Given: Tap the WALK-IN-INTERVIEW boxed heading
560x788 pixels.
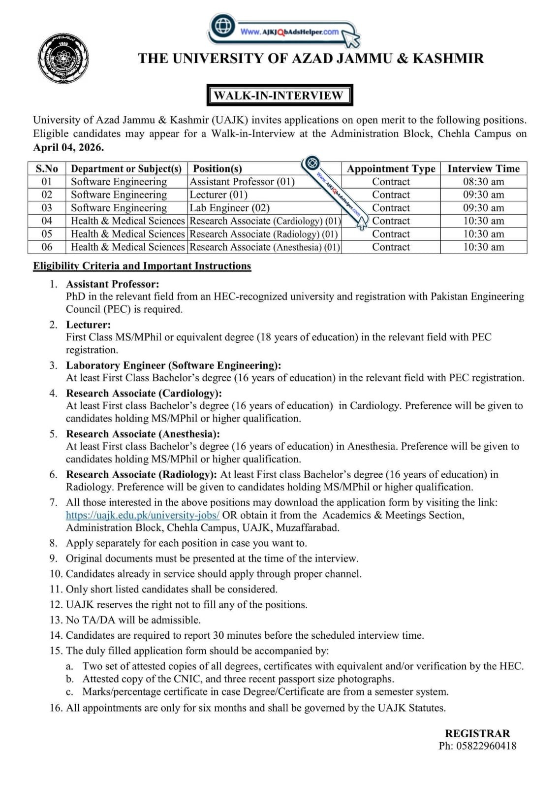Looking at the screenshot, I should tap(279, 95).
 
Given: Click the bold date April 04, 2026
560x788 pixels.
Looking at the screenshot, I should tap(68, 147).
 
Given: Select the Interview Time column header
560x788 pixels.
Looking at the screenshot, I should tap(483, 168).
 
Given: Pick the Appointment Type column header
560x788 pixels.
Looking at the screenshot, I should tap(391, 168).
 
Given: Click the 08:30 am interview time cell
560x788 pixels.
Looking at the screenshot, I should tap(483, 182).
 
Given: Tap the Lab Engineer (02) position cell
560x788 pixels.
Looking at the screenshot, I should tap(230, 208).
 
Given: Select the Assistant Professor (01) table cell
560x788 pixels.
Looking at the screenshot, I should tap(242, 182).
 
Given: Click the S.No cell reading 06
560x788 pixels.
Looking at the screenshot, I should tap(47, 247).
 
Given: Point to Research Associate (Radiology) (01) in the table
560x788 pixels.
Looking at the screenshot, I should tap(264, 234).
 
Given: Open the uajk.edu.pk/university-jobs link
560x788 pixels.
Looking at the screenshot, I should tap(143, 515).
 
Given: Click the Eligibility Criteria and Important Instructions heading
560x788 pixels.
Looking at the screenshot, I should tap(142, 266).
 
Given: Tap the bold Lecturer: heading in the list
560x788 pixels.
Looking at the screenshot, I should tap(89, 325).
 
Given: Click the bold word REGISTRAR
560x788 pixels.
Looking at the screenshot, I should tap(477, 733).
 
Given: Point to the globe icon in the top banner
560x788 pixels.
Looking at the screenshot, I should tap(222, 25).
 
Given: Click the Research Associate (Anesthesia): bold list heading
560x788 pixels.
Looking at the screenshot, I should tap(143, 434).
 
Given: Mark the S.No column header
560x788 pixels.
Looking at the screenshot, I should tap(47, 168).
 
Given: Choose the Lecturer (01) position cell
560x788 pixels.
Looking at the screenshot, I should tap(218, 195).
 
